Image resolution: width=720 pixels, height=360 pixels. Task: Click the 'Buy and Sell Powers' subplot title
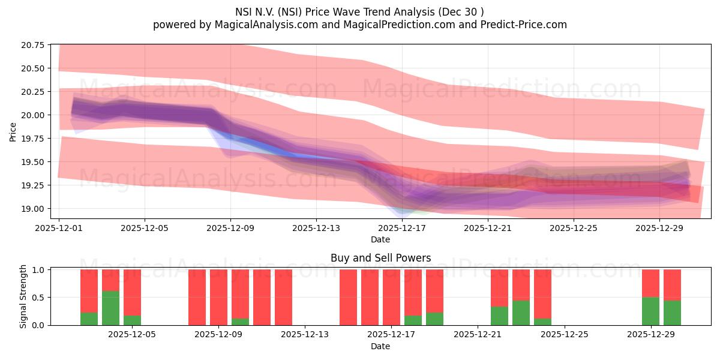(x=380, y=258)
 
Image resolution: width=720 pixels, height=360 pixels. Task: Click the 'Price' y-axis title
(x=13, y=132)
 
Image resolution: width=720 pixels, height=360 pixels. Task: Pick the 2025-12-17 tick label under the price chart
(x=402, y=228)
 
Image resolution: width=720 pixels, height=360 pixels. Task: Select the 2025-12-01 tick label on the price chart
(x=59, y=228)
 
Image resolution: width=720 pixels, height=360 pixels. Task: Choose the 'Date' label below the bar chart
(x=380, y=346)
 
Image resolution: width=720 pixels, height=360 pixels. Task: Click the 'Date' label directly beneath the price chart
(x=380, y=239)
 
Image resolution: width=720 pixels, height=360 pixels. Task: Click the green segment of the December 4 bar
(x=111, y=308)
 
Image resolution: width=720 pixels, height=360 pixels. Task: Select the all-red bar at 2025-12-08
(x=197, y=297)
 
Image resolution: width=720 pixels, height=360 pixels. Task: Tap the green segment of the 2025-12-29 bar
(x=651, y=311)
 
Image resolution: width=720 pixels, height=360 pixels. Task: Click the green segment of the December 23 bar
(x=521, y=313)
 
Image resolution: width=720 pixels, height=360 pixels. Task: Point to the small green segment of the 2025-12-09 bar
(x=241, y=322)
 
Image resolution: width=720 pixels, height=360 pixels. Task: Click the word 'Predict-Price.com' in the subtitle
(x=524, y=25)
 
